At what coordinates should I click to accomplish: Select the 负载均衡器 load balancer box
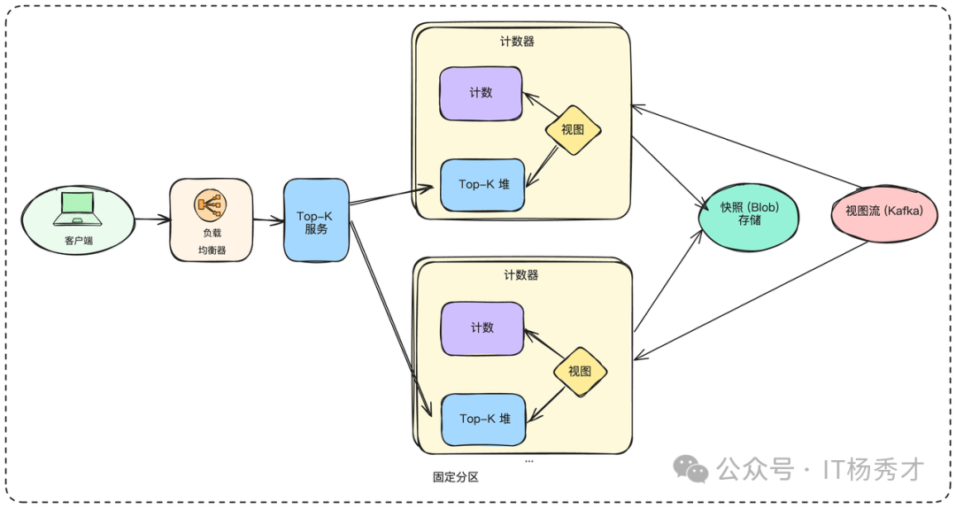coord(211,220)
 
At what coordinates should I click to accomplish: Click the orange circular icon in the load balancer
coord(211,206)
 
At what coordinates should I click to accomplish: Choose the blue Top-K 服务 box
coord(316,220)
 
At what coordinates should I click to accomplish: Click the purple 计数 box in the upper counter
coord(481,93)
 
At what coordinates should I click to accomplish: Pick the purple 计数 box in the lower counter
coord(482,328)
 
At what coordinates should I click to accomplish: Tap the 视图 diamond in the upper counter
coord(573,130)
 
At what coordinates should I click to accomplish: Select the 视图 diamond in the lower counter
coord(580,371)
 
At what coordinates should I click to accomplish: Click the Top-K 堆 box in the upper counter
coord(482,185)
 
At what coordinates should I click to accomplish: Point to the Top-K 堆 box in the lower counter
coord(483,419)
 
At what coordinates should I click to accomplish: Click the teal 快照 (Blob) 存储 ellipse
coord(748,213)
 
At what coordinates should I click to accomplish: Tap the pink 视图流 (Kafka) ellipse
coord(884,212)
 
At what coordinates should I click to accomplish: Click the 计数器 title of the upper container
coord(518,42)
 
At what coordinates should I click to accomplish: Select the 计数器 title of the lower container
coord(520,275)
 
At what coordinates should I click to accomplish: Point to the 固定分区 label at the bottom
coord(455,477)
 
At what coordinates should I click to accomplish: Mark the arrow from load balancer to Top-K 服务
coord(267,219)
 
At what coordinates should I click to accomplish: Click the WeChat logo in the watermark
coord(690,468)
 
